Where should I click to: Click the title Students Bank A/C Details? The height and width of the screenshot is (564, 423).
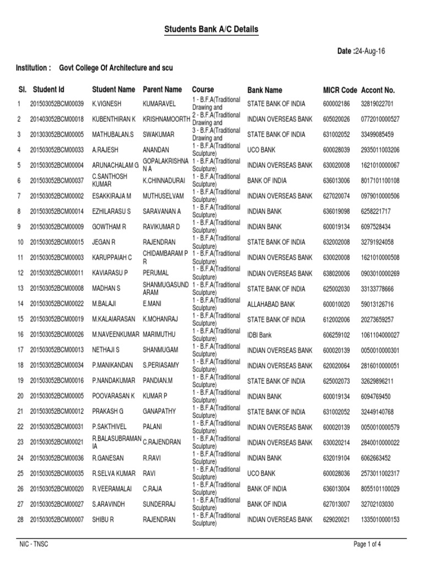pos(211,29)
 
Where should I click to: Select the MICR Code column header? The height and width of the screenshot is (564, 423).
pos(340,90)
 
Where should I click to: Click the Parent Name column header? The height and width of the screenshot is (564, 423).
pos(162,89)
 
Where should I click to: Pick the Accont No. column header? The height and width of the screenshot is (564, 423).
pos(378,90)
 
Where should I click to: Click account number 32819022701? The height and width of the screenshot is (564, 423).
pos(377,103)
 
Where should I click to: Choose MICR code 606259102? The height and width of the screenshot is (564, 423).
pos(337,334)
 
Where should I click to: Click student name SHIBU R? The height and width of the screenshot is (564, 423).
pos(104,519)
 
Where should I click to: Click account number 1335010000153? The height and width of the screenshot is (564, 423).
pos(381,519)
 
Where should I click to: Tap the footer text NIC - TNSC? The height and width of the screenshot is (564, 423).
pos(34,545)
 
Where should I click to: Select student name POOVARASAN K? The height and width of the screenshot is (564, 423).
pos(113,396)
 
